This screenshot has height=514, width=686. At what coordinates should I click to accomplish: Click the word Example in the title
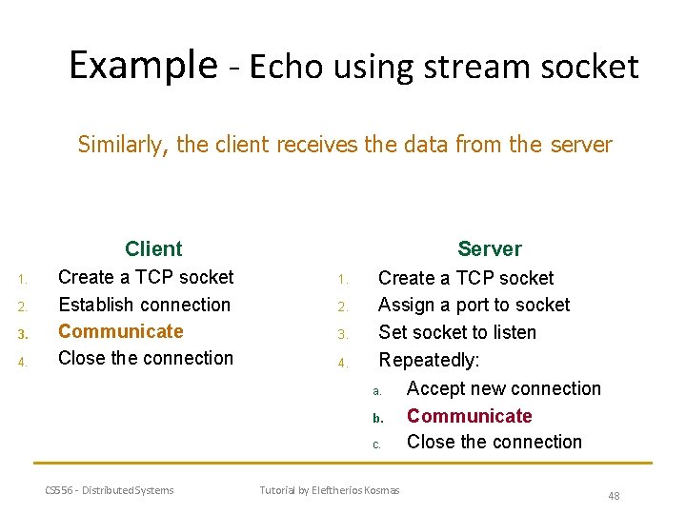(143, 66)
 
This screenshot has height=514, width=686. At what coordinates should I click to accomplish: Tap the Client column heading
(152, 249)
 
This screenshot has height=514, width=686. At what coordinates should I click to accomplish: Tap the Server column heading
(489, 249)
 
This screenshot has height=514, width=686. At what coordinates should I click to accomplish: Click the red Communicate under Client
(120, 331)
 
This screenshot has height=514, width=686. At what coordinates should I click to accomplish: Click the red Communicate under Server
(469, 416)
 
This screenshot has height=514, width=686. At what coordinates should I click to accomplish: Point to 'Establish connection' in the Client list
(144, 305)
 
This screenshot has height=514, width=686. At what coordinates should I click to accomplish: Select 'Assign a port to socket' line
(474, 305)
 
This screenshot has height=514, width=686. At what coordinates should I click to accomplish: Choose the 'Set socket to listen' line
(457, 332)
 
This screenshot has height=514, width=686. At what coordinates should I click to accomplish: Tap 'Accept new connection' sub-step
(503, 388)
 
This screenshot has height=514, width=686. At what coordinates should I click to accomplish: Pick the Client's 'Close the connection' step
(145, 358)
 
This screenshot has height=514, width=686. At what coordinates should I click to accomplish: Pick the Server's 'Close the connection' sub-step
(494, 442)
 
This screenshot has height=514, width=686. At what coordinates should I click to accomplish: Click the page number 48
(614, 496)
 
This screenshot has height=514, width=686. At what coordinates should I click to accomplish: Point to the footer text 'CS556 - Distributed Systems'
(110, 490)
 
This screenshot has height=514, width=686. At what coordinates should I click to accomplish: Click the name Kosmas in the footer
(381, 490)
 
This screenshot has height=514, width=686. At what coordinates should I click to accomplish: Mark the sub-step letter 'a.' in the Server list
(377, 391)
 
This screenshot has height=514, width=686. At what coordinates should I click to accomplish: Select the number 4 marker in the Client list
(22, 361)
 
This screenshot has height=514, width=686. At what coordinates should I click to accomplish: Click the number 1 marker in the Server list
(341, 280)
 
